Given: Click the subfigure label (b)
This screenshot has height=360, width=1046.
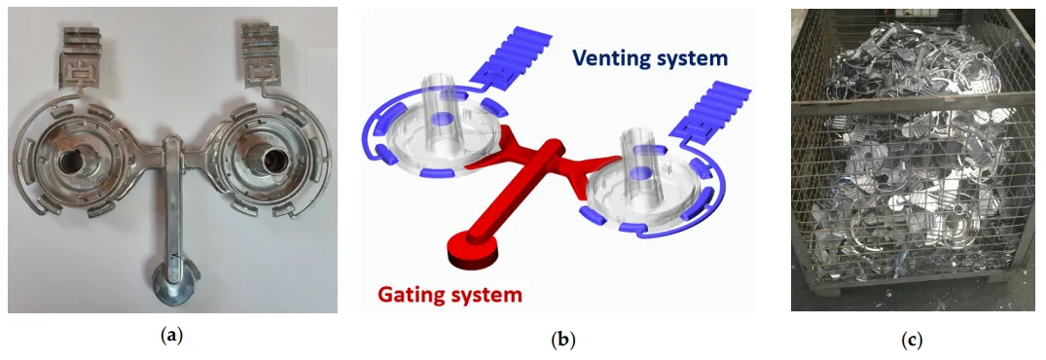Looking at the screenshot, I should (562, 340).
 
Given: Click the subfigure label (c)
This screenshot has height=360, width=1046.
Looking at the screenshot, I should (911, 340).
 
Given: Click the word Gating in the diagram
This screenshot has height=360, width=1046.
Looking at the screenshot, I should (409, 293).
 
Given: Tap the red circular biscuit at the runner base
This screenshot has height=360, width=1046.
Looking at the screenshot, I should (465, 251).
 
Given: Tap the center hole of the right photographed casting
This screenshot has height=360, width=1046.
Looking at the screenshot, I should (262, 157).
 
